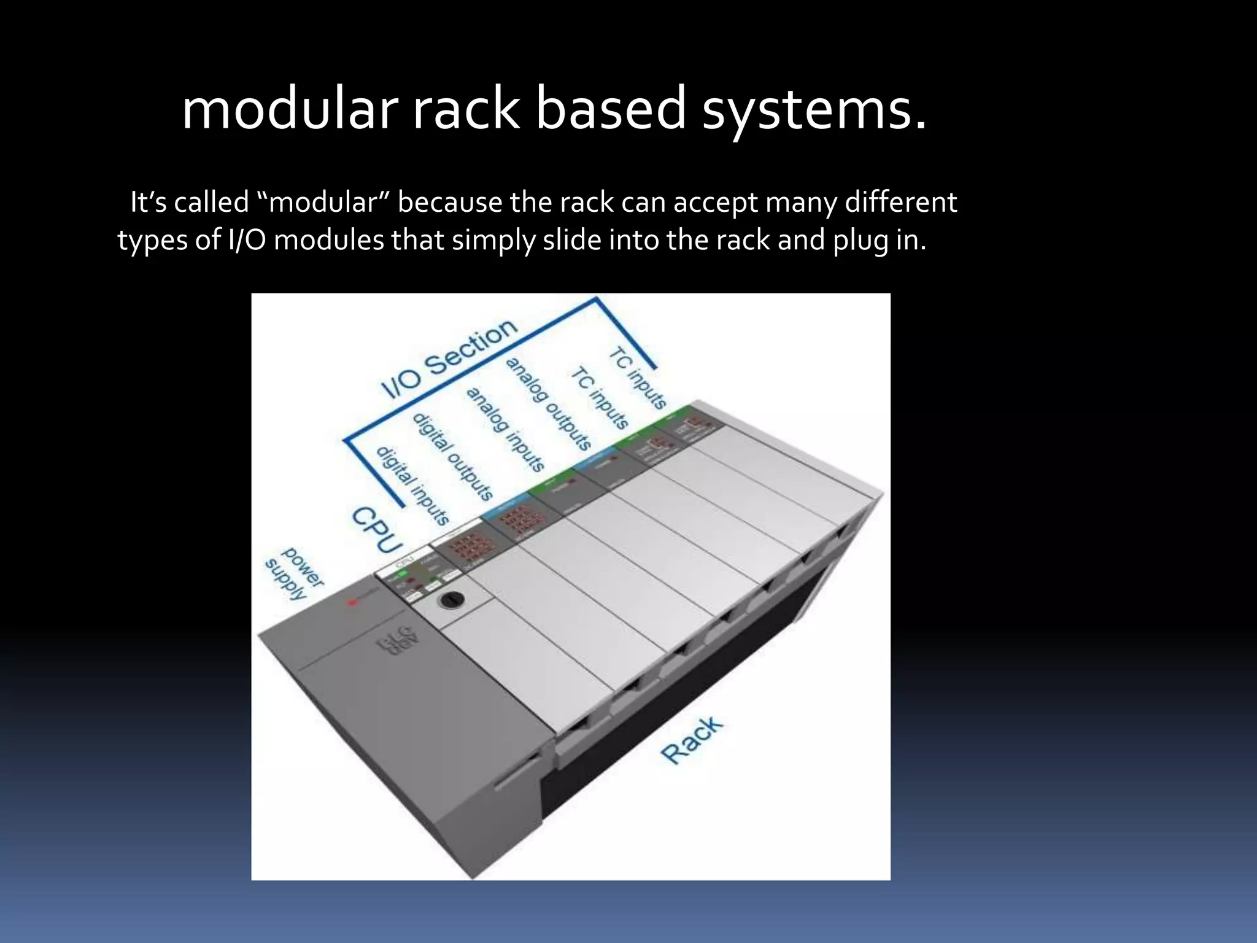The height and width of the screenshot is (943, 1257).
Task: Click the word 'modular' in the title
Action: point(290,109)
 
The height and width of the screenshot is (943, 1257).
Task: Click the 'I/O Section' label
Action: point(448,359)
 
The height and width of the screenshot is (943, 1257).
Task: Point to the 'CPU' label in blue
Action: point(377,529)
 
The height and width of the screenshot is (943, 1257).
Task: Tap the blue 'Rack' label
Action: point(692,740)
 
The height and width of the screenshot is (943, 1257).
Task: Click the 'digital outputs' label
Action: point(453,456)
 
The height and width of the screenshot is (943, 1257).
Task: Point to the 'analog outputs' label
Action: point(548,403)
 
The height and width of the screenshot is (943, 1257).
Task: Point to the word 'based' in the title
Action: point(610,109)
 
